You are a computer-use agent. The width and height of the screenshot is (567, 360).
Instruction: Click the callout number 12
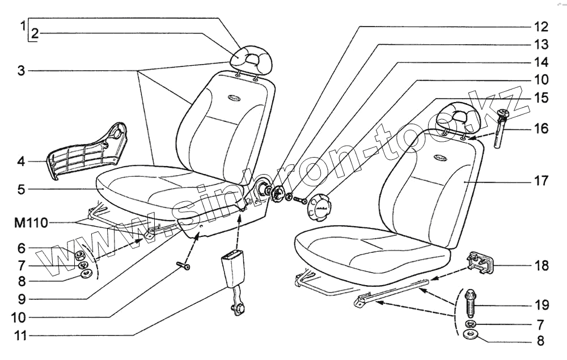(540, 27)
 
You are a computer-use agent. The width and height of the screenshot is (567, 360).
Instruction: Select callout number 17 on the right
(540, 181)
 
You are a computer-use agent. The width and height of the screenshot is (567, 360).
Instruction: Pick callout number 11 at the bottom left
(20, 336)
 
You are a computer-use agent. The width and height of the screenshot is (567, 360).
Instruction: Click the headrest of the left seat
(253, 57)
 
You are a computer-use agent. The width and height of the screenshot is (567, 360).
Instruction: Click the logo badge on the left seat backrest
(231, 98)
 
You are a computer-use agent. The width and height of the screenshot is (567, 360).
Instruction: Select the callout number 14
(540, 61)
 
